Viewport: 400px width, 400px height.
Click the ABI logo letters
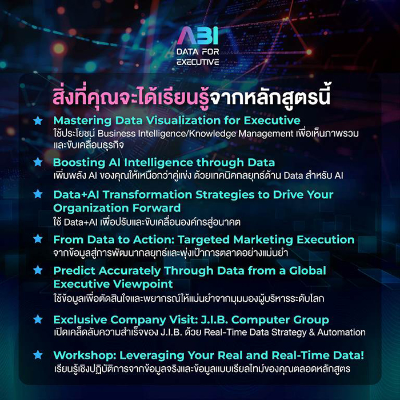click(x=198, y=35)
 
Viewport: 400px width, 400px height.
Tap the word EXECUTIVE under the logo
click(x=198, y=62)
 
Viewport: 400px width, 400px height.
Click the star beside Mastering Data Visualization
click(x=38, y=121)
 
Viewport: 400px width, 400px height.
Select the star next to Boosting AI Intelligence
click(x=38, y=162)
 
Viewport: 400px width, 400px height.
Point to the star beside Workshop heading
click(x=38, y=355)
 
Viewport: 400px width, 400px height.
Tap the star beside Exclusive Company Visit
click(x=38, y=319)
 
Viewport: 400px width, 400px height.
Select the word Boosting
click(x=79, y=163)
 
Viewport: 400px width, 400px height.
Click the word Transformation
click(x=147, y=195)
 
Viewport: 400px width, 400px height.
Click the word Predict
click(x=74, y=271)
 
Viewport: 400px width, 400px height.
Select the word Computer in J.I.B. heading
click(x=260, y=320)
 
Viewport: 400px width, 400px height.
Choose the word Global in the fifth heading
click(x=307, y=271)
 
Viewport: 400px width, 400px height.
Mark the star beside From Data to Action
click(x=38, y=239)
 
